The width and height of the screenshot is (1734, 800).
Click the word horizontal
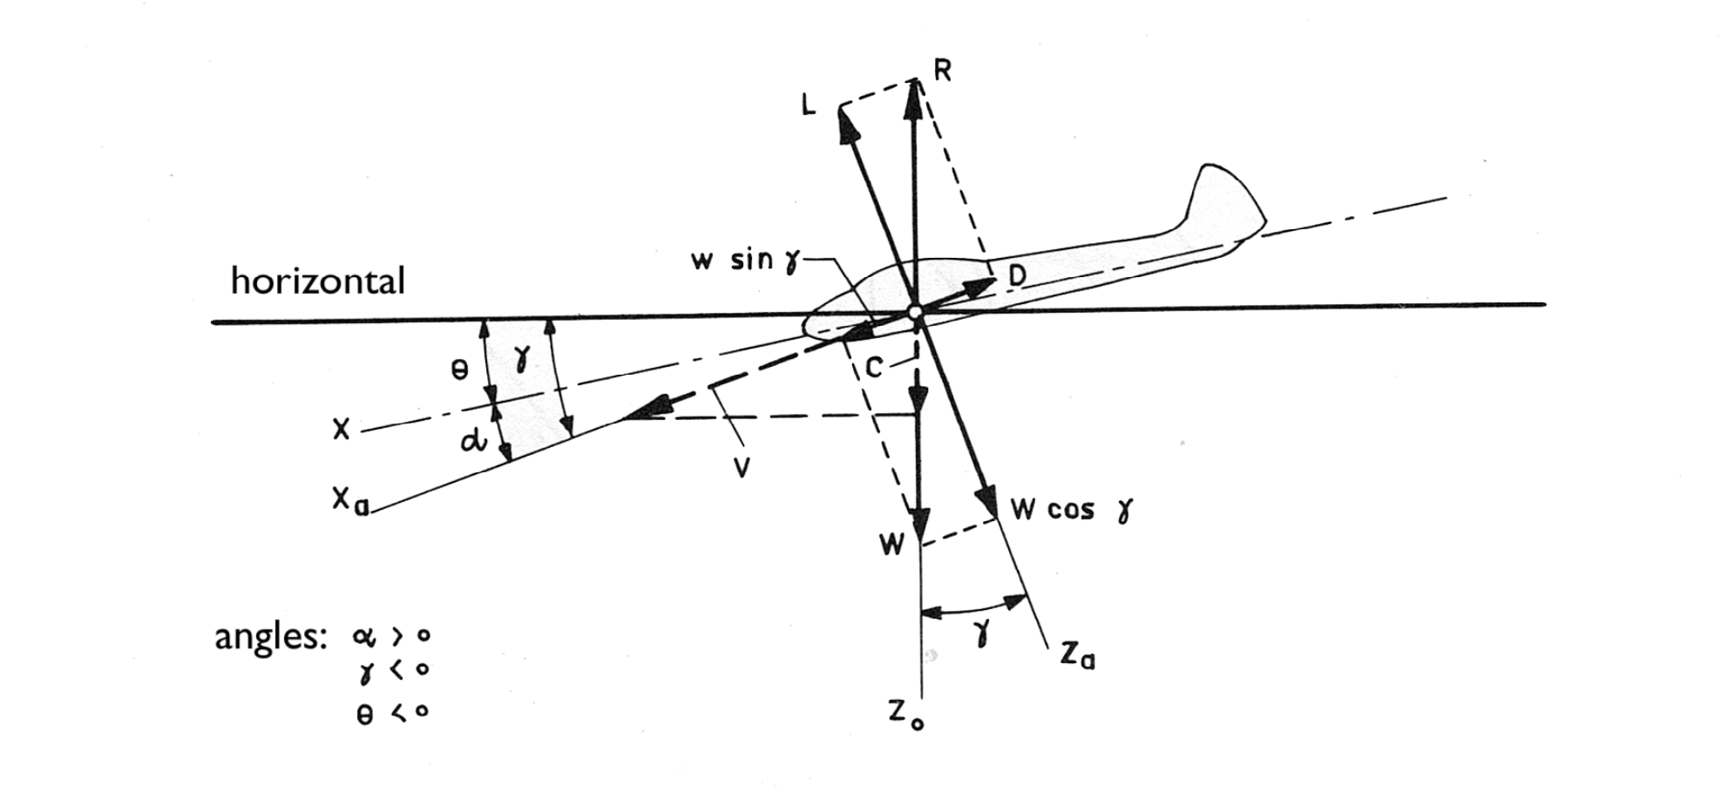click(317, 281)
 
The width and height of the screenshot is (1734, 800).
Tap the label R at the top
click(942, 71)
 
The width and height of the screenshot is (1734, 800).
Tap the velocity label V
click(742, 469)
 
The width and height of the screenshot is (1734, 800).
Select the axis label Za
click(1078, 654)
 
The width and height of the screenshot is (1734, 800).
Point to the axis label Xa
click(349, 502)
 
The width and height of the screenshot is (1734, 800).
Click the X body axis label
click(341, 429)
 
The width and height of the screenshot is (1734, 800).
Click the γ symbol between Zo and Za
click(983, 634)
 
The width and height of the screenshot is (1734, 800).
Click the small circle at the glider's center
click(915, 312)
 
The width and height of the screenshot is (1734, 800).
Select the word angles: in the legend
click(270, 637)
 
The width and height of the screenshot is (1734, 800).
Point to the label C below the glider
click(875, 368)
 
